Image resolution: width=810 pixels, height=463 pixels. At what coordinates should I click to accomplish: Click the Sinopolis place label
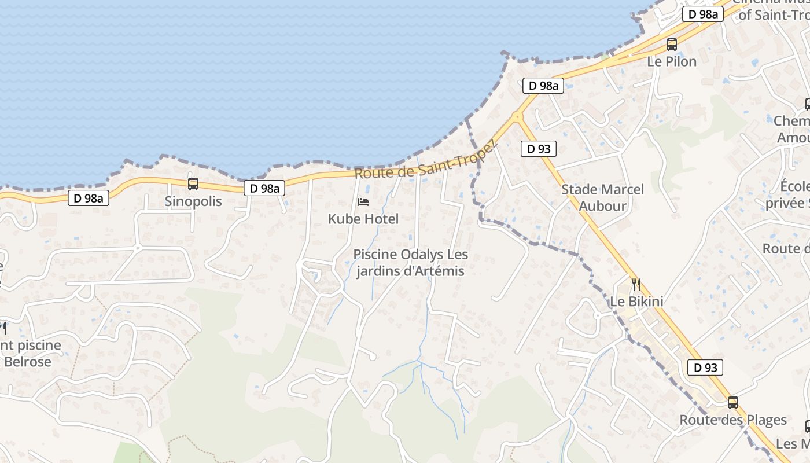[193, 201]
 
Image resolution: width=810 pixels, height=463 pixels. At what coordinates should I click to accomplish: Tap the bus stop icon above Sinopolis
[193, 184]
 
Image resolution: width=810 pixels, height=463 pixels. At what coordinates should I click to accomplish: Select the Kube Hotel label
[363, 219]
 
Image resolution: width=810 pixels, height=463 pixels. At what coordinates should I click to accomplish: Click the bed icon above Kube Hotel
[363, 201]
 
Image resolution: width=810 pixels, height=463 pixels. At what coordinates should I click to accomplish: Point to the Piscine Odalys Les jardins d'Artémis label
[410, 263]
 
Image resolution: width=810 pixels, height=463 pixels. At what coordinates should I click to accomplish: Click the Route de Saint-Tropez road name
[426, 161]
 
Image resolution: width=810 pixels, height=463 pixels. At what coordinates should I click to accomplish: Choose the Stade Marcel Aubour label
[602, 197]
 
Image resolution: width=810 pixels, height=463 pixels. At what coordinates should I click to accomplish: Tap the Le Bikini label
[636, 301]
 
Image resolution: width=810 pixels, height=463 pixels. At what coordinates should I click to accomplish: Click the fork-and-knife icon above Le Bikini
[636, 284]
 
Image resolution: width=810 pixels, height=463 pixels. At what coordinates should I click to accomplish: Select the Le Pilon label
[672, 61]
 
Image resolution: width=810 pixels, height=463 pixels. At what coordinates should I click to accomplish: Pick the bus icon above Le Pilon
[672, 44]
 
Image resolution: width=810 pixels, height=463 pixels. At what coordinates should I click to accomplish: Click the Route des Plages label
[733, 420]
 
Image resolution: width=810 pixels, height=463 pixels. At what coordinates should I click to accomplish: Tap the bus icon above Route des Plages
[733, 402]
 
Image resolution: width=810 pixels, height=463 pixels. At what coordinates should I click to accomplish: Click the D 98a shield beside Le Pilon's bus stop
[703, 14]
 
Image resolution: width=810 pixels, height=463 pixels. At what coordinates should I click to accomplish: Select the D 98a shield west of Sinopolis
[89, 199]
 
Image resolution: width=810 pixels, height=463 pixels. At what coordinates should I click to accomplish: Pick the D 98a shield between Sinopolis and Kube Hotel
[264, 188]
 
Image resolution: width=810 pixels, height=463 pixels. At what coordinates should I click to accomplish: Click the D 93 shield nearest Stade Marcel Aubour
[539, 149]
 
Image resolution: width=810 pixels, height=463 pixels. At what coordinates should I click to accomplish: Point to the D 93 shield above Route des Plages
[705, 368]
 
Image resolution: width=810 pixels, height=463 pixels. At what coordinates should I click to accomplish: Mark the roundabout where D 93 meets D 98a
[517, 117]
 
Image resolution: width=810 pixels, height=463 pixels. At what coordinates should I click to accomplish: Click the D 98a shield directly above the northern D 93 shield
[543, 86]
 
